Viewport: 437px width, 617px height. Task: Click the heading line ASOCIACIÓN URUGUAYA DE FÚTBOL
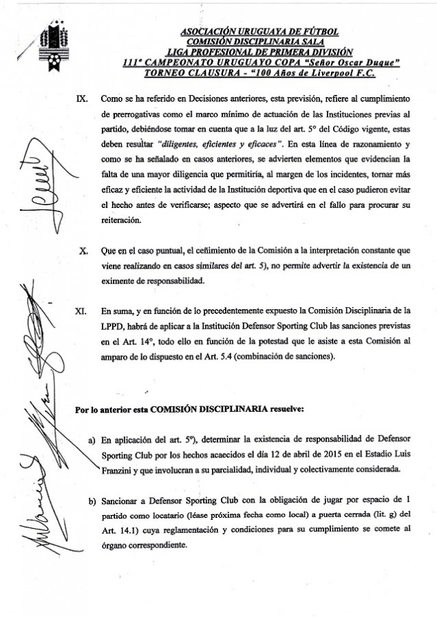tap(258, 32)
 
